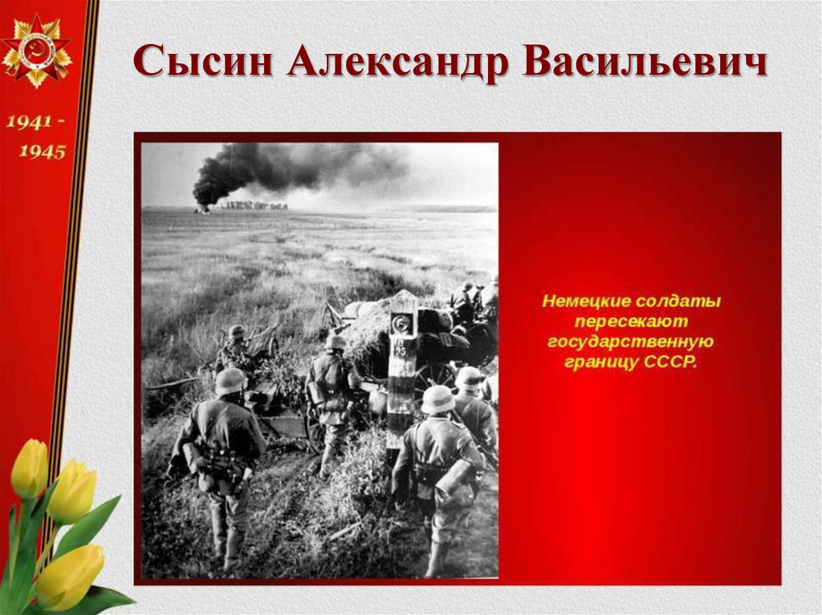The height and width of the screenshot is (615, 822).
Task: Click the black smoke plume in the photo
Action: click(x=265, y=168)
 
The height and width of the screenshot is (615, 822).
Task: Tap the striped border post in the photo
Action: click(x=401, y=369)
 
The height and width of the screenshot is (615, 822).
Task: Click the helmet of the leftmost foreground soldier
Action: click(x=230, y=380)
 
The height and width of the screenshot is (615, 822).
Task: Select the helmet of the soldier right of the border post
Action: click(x=438, y=399)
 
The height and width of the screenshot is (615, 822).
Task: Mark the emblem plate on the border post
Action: click(x=401, y=324)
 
